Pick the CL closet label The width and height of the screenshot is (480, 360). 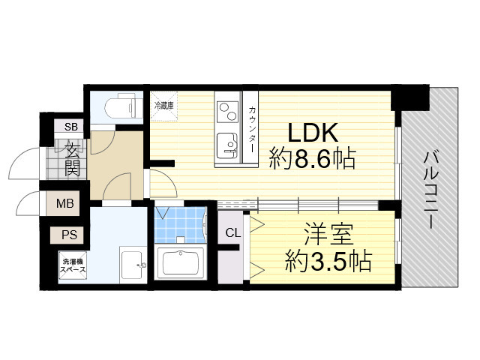pyautogui.click(x=233, y=232)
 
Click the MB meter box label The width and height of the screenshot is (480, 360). pyautogui.click(x=65, y=202)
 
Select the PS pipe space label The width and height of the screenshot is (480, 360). pyautogui.click(x=69, y=235)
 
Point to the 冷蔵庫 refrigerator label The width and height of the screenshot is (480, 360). pyautogui.click(x=164, y=106)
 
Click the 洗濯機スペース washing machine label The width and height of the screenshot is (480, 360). pyautogui.click(x=73, y=265)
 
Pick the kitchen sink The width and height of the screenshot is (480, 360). pyautogui.click(x=224, y=145)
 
